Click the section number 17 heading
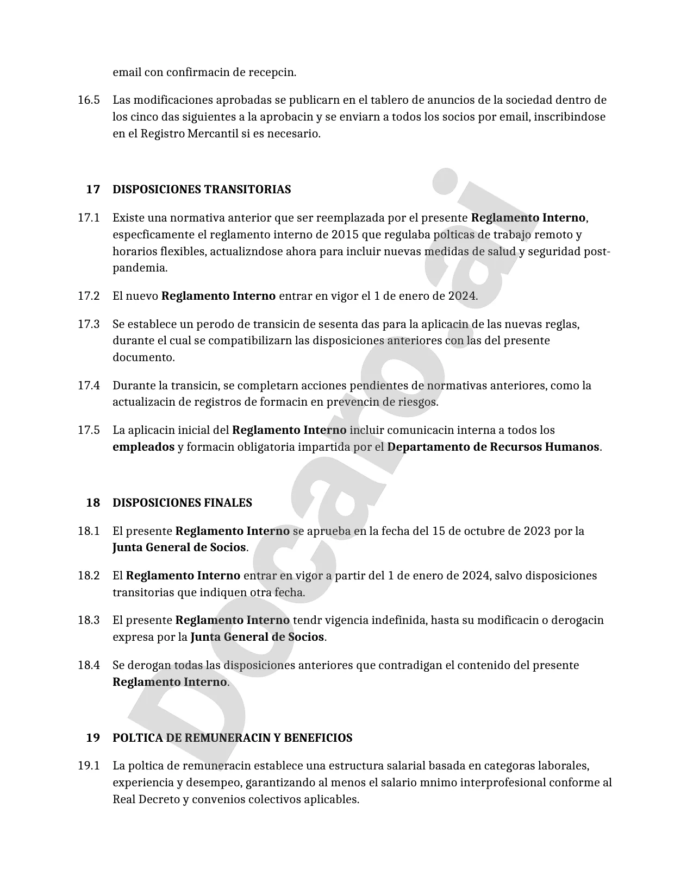click(x=93, y=190)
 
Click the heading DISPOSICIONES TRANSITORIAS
click(x=202, y=190)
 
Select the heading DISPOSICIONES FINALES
click(x=182, y=503)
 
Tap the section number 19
click(x=93, y=738)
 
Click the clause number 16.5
click(x=89, y=100)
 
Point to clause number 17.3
click(x=89, y=324)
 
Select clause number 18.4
click(x=89, y=665)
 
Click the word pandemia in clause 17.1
click(x=139, y=268)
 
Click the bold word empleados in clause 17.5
click(x=143, y=447)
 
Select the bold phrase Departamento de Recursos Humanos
click(x=494, y=447)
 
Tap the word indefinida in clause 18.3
click(x=398, y=620)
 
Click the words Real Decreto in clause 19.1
click(x=146, y=800)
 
